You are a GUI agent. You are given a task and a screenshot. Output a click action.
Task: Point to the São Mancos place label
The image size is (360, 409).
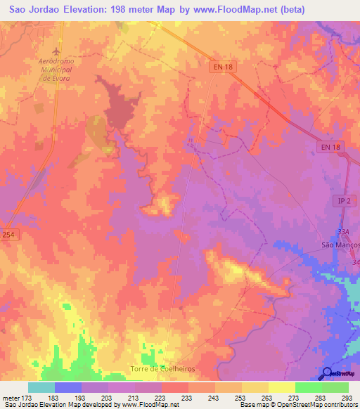(340, 245)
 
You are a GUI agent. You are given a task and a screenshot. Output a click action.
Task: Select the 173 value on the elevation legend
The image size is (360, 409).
(27, 397)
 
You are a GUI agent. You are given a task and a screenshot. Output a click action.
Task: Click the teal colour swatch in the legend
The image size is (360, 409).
(41, 387)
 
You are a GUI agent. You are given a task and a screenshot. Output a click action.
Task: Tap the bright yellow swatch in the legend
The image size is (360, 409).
(282, 387)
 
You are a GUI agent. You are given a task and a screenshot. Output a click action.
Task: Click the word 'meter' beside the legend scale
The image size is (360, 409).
(10, 397)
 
